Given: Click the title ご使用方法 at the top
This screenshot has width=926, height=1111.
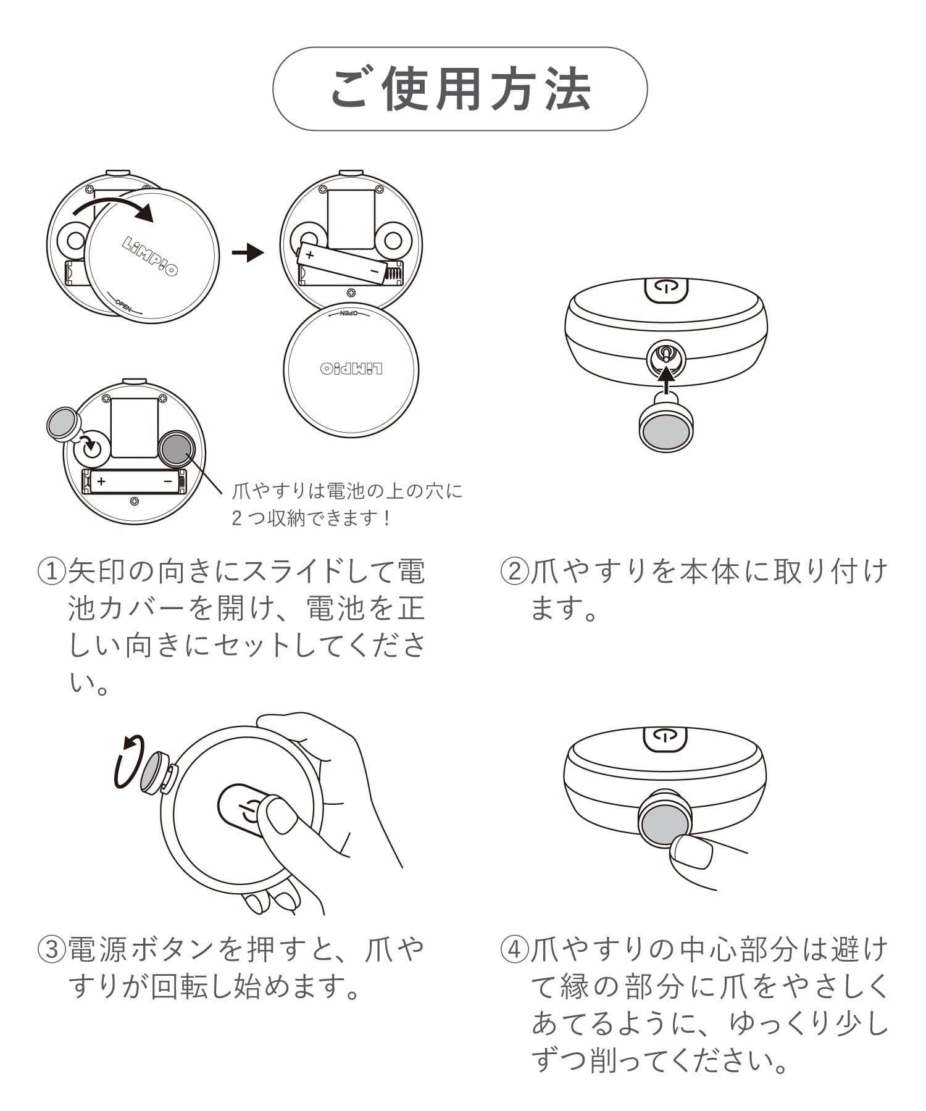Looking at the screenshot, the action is [461, 89].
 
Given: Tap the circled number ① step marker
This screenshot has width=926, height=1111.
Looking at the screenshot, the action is [52, 572].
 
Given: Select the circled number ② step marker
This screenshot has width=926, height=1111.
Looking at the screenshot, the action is [514, 572].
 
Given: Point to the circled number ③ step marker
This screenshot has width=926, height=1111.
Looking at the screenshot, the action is [52, 949].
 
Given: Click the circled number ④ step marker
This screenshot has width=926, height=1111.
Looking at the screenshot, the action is [514, 949].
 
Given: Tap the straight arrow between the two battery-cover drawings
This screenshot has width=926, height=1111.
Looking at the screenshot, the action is [248, 252].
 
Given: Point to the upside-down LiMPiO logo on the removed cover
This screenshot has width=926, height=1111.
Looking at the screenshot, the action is [351, 369].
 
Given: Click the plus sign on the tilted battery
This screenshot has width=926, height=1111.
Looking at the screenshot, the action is [310, 254].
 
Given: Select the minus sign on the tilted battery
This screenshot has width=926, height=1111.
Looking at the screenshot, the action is [374, 271].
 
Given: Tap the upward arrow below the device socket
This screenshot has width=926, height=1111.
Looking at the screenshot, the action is [665, 379].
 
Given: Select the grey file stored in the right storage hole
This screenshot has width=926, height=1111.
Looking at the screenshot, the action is [177, 449].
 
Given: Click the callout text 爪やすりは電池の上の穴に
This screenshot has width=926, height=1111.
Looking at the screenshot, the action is [347, 491].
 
